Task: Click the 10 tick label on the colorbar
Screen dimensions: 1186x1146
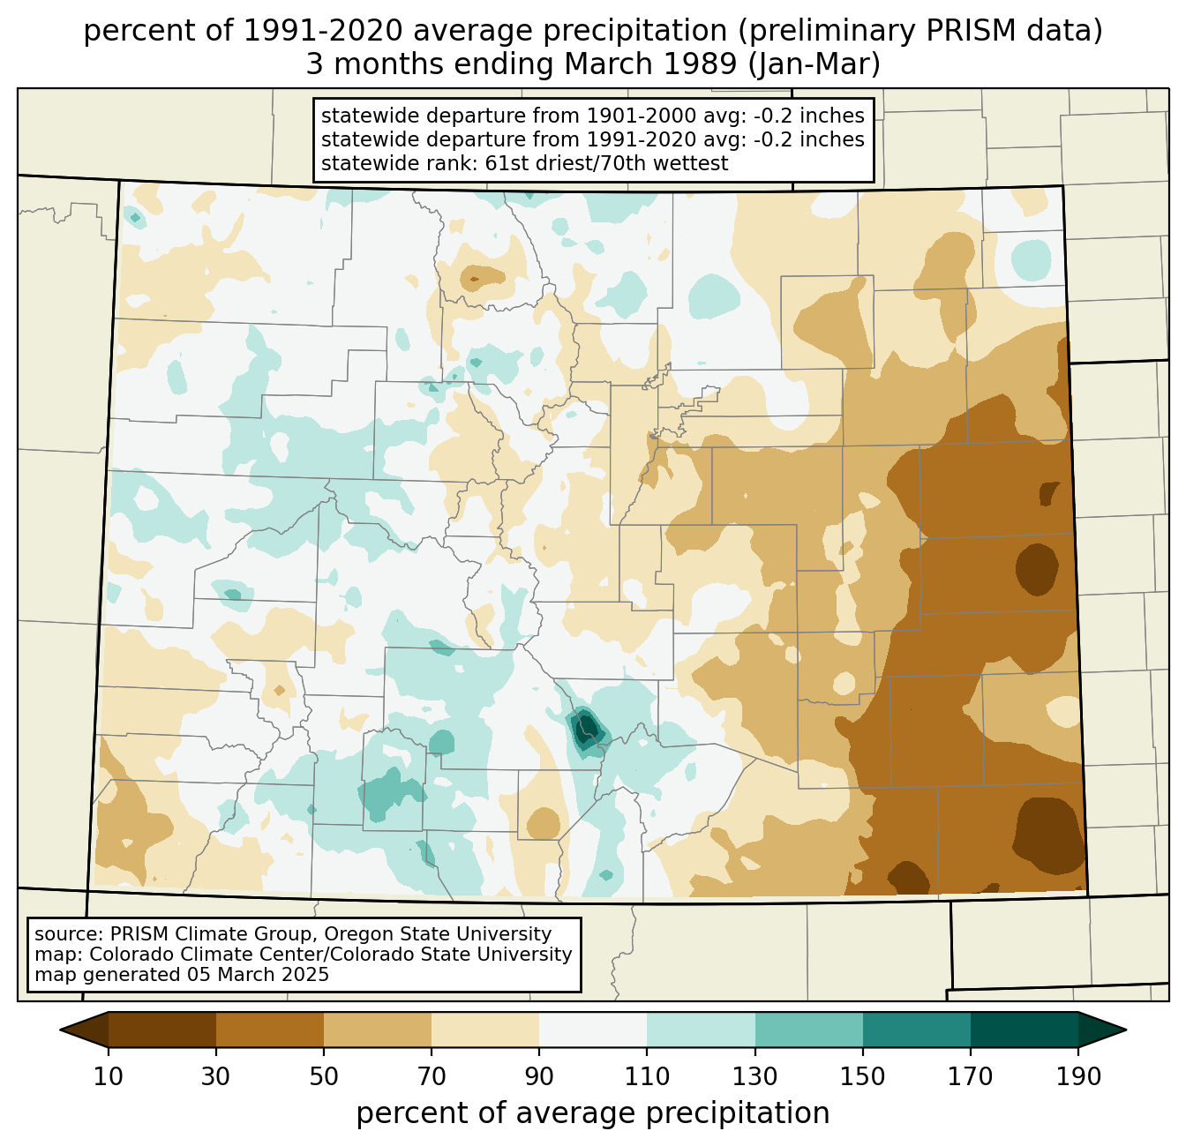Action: pos(108,1076)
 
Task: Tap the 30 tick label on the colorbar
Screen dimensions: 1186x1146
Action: pos(215,1076)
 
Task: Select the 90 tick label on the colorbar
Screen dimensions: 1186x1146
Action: pos(539,1076)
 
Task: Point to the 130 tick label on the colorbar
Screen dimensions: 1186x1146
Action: pos(754,1076)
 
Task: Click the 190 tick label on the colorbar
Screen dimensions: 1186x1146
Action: pos(1078,1076)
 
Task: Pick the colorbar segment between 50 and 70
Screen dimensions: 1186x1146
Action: pos(378,1030)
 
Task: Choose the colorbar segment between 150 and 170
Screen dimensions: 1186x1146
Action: pos(917,1030)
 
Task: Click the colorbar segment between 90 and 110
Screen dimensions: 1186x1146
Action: pos(593,1030)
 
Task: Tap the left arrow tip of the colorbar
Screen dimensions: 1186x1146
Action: pos(60,1030)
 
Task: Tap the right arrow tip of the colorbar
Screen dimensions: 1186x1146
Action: pos(1126,1030)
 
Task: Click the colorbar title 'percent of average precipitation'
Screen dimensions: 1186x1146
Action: pos(593,1113)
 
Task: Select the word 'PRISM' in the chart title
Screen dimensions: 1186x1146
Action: pos(960,31)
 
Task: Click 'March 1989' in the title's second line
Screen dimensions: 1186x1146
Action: pos(650,64)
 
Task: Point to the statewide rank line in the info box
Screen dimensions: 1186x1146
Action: pos(524,163)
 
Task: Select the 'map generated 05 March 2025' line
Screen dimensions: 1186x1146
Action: pos(182,975)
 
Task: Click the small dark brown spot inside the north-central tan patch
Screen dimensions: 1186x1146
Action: pos(475,279)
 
